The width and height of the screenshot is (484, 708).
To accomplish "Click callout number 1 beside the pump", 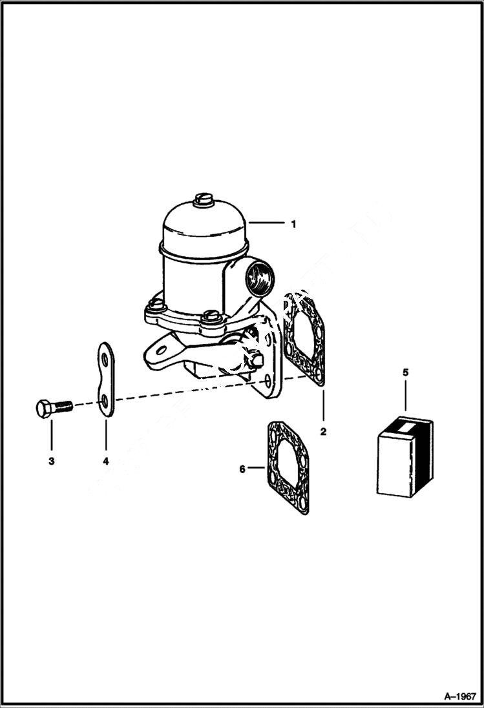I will (293, 224).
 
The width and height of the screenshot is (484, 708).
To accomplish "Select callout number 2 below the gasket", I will (323, 431).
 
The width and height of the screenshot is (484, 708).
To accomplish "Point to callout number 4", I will (105, 461).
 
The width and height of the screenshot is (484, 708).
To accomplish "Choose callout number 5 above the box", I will (405, 372).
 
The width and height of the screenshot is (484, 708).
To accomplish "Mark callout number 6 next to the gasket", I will (243, 469).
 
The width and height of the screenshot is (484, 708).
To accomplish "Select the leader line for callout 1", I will (267, 223).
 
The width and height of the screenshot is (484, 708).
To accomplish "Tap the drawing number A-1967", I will (460, 696).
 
